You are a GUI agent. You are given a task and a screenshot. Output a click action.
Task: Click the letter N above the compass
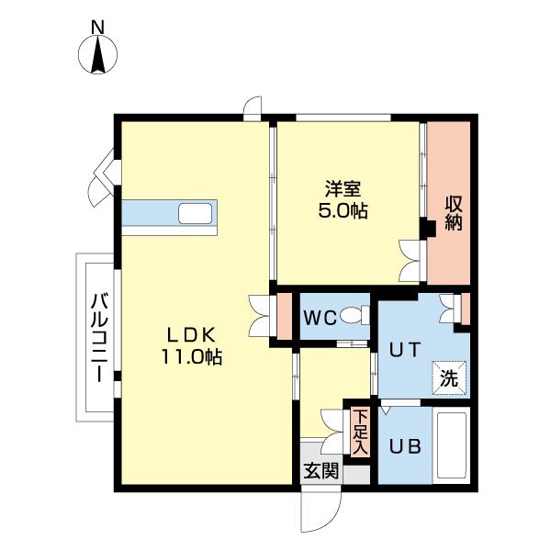pos(97,28)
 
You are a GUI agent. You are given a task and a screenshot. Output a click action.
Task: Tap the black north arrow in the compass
pos(97,55)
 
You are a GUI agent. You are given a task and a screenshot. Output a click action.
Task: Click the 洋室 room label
pos(343,189)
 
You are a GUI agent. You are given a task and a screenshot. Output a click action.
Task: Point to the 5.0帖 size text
pos(343,211)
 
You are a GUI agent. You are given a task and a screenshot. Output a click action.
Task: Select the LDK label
pos(192,335)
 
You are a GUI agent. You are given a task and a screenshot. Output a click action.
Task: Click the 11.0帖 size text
pos(192,356)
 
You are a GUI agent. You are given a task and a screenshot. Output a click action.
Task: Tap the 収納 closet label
pos(454,213)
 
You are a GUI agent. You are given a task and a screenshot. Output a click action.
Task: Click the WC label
pos(320,318)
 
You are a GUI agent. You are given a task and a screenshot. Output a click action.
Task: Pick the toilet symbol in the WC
pos(354,315)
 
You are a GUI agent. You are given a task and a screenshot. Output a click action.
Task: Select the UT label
pos(404,350)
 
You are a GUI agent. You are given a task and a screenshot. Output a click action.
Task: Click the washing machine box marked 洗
pos(449,378)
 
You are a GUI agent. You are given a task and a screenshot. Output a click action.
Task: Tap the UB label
pos(405,446)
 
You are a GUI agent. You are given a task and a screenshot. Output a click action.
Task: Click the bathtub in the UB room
pos(451,445)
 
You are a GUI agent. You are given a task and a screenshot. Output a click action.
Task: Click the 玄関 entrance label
pos(320,470)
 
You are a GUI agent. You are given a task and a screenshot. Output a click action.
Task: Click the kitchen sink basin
pos(195,213)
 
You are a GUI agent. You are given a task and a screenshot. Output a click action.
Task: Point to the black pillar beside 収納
pos(428,229)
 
